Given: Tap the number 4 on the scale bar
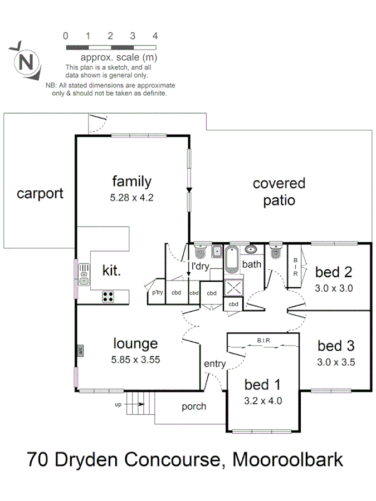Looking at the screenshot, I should [155, 36].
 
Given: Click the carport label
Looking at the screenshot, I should [40, 194].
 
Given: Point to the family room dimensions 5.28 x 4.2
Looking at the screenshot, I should [131, 197].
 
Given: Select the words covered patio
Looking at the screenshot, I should [279, 191].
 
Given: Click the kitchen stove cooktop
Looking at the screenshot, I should [108, 297].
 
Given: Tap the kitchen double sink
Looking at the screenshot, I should [84, 274].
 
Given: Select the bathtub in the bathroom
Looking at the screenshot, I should [232, 259].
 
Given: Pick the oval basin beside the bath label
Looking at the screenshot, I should [251, 249].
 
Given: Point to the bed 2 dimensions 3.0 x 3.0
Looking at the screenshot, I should [334, 288].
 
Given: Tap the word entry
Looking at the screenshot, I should [215, 364].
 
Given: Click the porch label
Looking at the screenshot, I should [194, 406].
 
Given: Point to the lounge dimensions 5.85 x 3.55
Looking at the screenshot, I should [135, 360].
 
